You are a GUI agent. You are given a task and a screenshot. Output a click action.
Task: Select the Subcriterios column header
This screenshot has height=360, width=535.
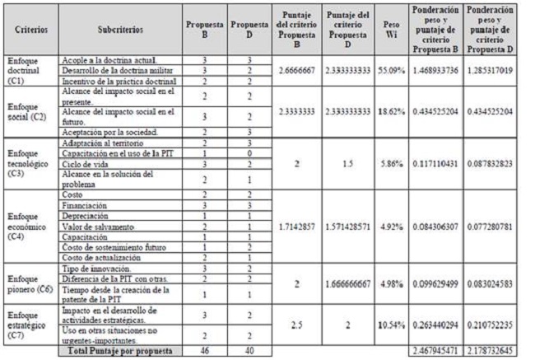(119, 29)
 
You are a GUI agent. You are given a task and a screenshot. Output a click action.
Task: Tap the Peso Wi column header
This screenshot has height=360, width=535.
(392, 29)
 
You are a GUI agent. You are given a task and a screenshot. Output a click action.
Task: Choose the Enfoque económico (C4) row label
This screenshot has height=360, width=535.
(28, 224)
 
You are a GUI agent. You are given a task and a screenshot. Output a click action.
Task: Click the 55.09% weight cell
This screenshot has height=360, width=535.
(392, 72)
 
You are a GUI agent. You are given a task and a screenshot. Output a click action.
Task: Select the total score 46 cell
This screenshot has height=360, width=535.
(206, 352)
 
